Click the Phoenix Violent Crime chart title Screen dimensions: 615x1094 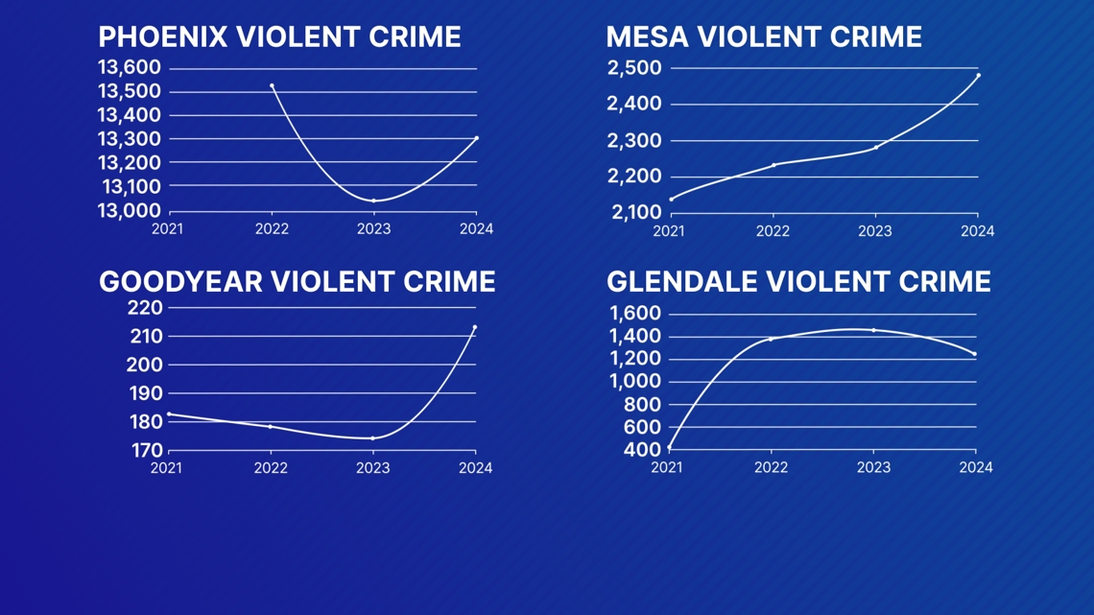(x=279, y=37)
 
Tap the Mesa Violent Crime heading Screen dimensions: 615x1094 (x=764, y=37)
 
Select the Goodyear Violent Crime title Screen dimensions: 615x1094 (x=297, y=281)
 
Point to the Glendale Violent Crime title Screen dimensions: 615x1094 (x=798, y=281)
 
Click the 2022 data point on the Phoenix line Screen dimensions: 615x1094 (x=272, y=86)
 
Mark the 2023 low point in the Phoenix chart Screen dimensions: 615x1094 (x=373, y=201)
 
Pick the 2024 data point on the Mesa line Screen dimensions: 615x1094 (x=978, y=75)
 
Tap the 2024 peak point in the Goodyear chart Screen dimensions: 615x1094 (x=474, y=327)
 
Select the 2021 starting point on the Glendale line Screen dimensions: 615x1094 (x=669, y=447)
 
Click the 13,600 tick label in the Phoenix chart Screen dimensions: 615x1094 (x=130, y=67)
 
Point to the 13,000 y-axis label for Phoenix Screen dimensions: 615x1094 (x=130, y=210)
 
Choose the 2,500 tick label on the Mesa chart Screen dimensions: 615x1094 (x=634, y=67)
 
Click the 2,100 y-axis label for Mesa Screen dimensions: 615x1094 (x=634, y=212)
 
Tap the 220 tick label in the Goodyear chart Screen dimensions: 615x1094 (x=145, y=308)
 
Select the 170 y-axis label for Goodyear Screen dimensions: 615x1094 (x=145, y=450)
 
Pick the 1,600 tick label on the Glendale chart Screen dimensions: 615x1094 (x=634, y=313)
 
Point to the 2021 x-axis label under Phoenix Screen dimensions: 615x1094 (x=167, y=228)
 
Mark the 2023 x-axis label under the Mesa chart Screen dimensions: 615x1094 (x=874, y=231)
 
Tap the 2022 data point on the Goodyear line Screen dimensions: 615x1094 (x=271, y=427)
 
